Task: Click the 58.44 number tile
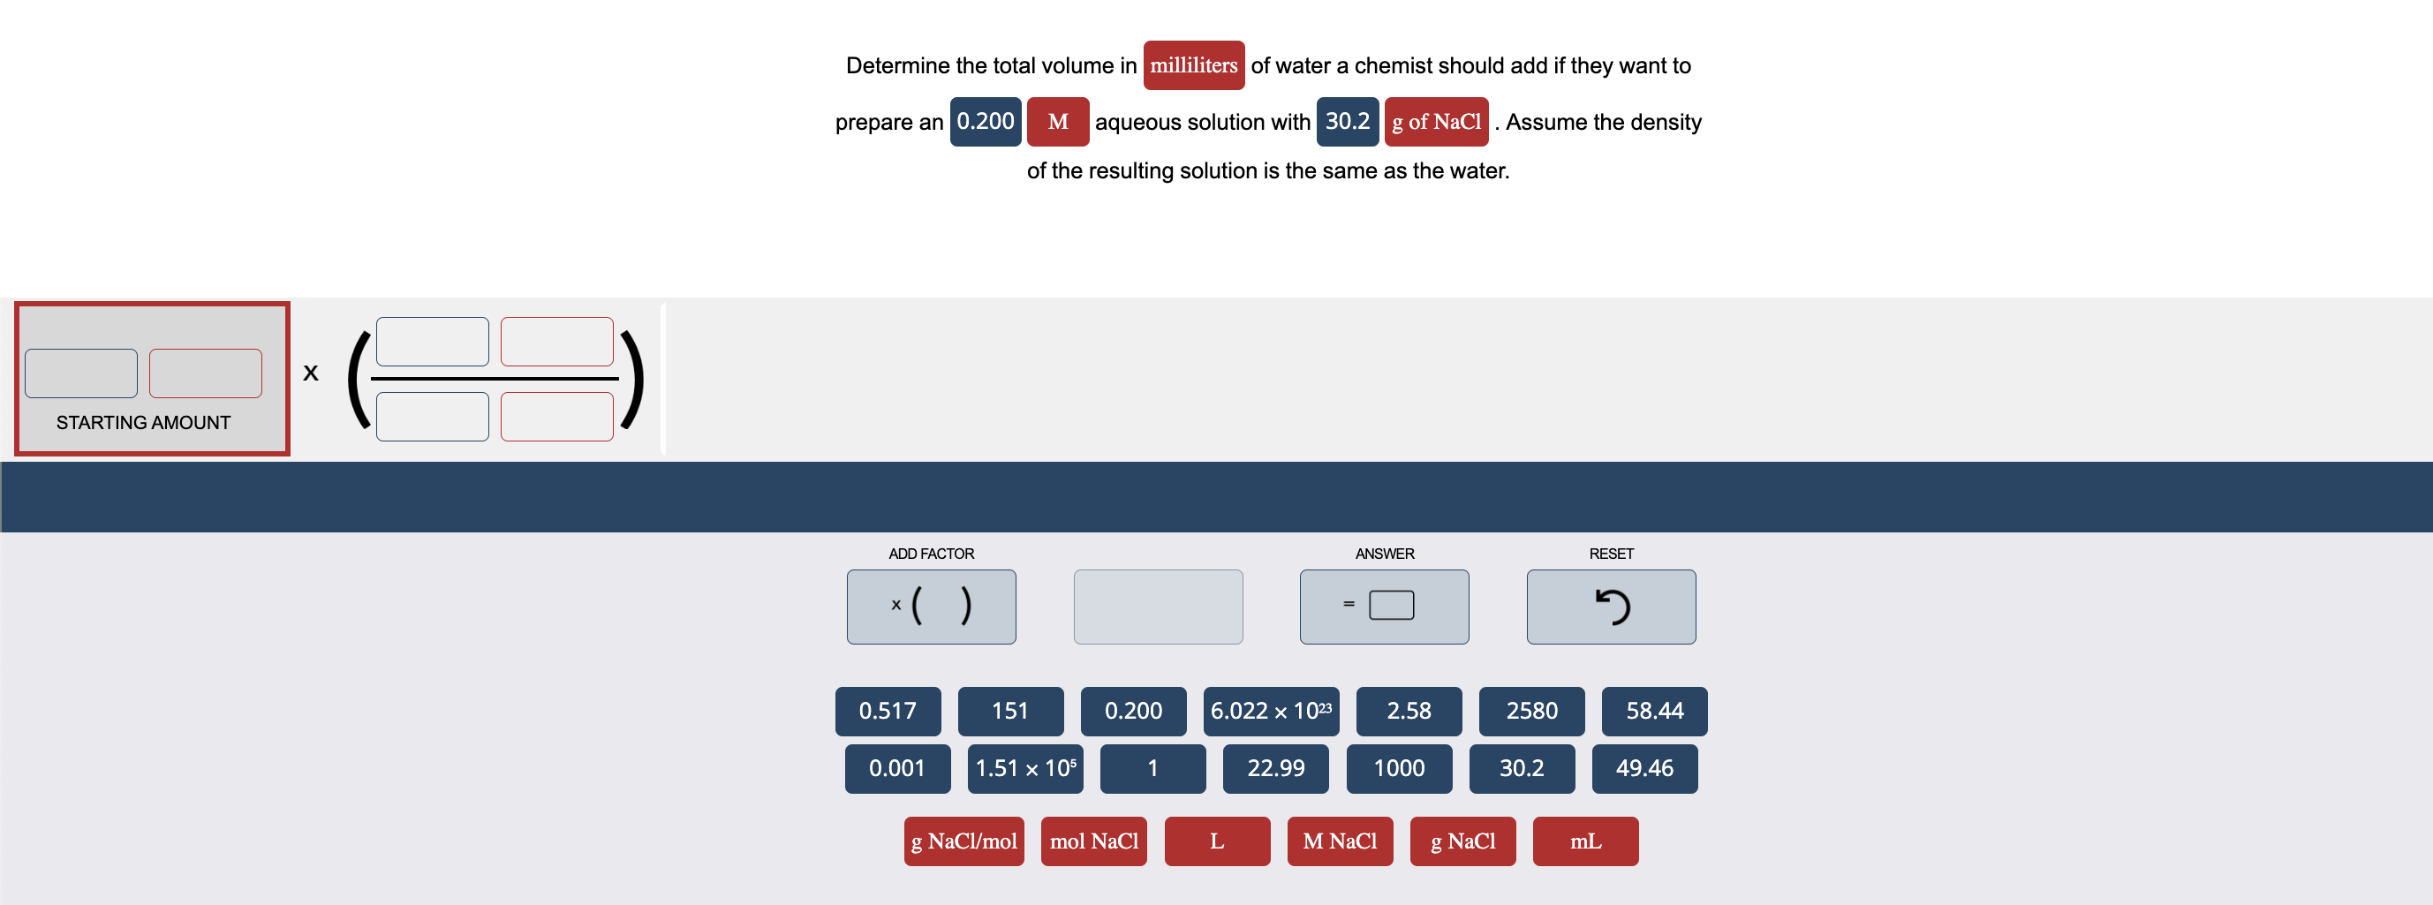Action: pyautogui.click(x=1654, y=712)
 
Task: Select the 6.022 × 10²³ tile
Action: pyautogui.click(x=1270, y=712)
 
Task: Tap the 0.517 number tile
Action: pyautogui.click(x=887, y=712)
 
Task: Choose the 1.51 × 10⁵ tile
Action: pyautogui.click(x=1024, y=769)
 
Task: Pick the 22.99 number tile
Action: pyautogui.click(x=1275, y=769)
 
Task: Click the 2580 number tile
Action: pyautogui.click(x=1531, y=712)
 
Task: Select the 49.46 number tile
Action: pyautogui.click(x=1644, y=769)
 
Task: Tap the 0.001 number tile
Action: pyautogui.click(x=896, y=769)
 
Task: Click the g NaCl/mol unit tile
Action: pyautogui.click(x=963, y=841)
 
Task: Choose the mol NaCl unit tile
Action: pyautogui.click(x=1093, y=841)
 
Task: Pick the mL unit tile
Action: pyautogui.click(x=1585, y=841)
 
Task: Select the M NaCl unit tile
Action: pyautogui.click(x=1340, y=841)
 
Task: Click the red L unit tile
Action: pyautogui.click(x=1217, y=841)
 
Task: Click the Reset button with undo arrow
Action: pyautogui.click(x=1610, y=607)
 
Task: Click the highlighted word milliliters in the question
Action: pyautogui.click(x=1193, y=66)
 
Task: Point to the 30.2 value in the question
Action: pyautogui.click(x=1347, y=122)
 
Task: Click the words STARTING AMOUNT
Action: pyautogui.click(x=142, y=422)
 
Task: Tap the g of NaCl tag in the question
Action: pyautogui.click(x=1436, y=122)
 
